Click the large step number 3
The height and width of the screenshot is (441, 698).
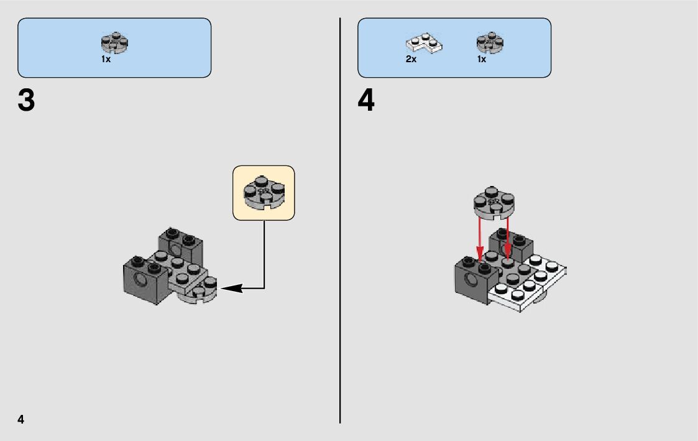coord(26,101)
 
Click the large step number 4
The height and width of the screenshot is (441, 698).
coord(366,101)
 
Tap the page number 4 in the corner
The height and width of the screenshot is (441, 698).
coord(21,419)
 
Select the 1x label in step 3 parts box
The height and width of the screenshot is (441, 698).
coord(106,59)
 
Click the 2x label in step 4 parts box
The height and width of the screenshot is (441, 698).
coord(411,59)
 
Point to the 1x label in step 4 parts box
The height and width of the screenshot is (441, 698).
coord(482,59)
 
